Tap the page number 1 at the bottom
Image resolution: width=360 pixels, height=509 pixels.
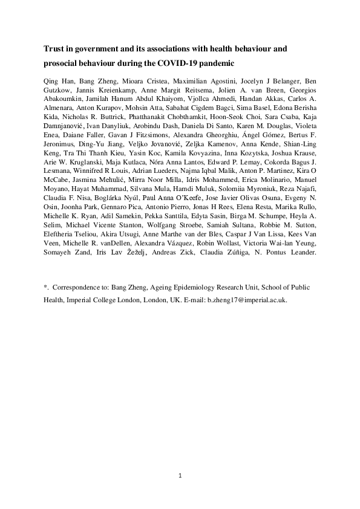(x=180, y=475)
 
